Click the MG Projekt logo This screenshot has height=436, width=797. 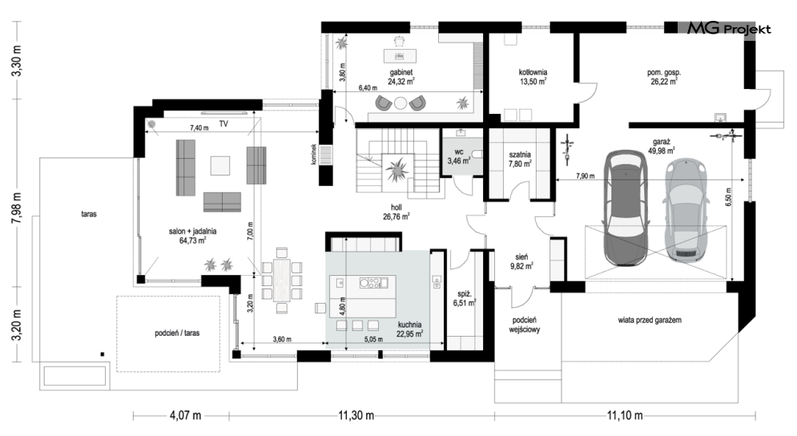coord(729,29)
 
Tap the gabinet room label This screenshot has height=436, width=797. coord(401,72)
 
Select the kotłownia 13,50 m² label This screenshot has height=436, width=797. coord(533,76)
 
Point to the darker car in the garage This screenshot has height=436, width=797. coord(625,208)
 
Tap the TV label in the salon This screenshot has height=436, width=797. coord(223,123)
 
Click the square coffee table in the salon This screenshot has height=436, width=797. coord(220,165)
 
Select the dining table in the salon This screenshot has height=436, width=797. coord(282,280)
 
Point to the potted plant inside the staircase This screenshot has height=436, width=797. coord(396,169)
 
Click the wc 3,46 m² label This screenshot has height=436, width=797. coord(459,156)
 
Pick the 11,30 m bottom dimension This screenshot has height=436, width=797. coord(356,416)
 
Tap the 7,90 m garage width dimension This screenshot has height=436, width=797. coord(585,176)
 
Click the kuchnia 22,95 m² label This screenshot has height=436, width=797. coord(409,329)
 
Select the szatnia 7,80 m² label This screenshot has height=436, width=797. coord(520,159)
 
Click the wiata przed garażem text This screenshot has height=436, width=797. coord(650,320)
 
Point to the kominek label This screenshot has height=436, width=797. coord(315,154)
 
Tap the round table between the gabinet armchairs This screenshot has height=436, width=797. coord(401,103)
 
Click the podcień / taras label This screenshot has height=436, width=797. coord(177,333)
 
